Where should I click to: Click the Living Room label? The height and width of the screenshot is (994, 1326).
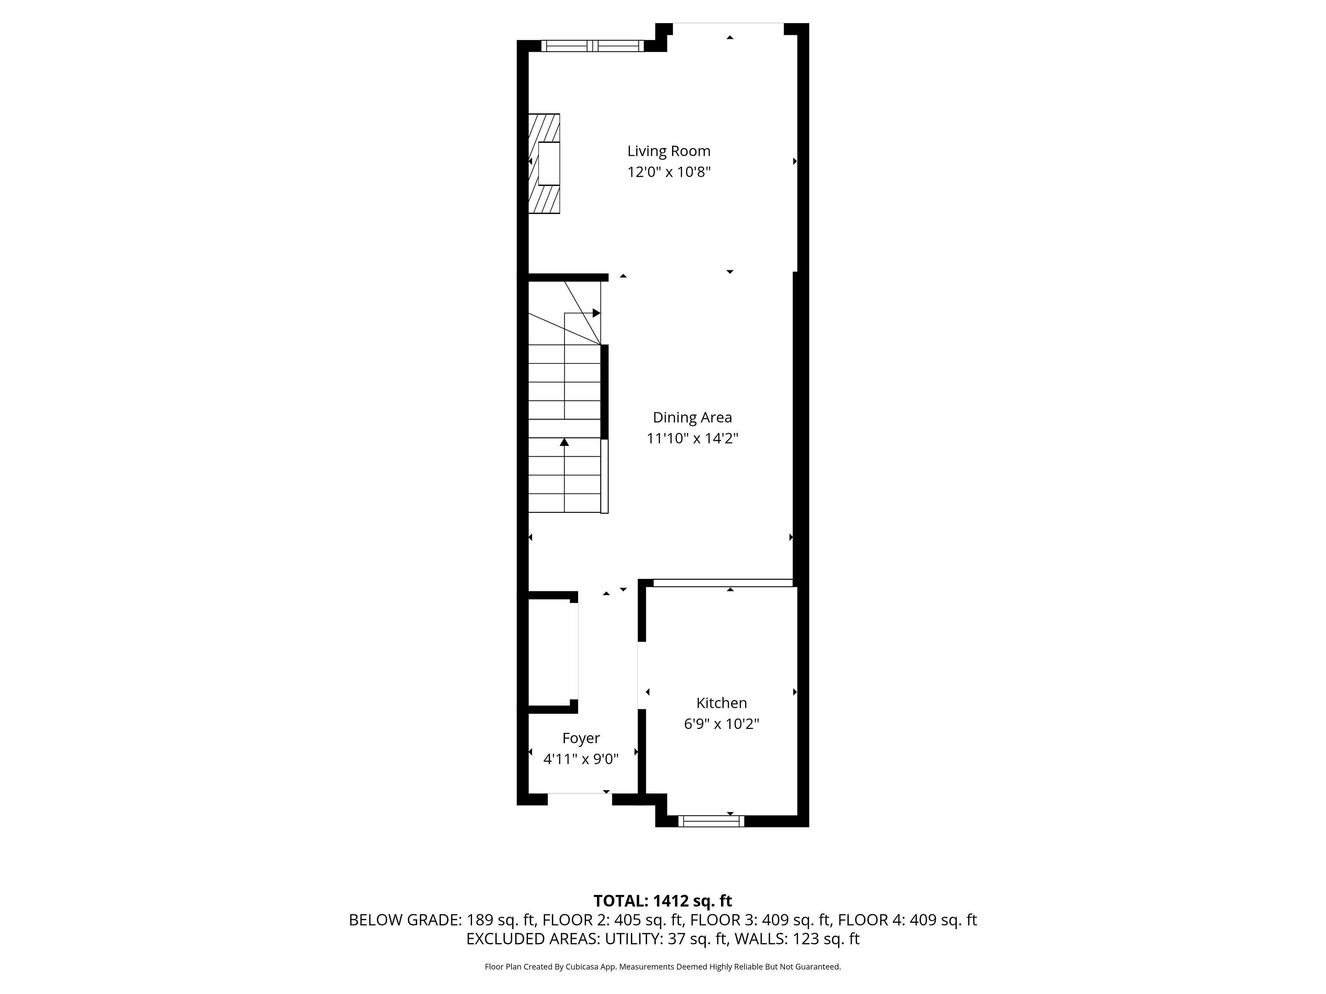(669, 151)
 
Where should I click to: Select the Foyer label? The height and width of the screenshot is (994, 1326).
(581, 738)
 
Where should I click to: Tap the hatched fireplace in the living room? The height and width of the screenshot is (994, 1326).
(544, 164)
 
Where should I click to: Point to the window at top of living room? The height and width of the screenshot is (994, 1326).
(592, 46)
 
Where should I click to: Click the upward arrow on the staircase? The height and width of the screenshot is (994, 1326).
(564, 442)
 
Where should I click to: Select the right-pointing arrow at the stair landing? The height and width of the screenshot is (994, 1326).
(596, 313)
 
